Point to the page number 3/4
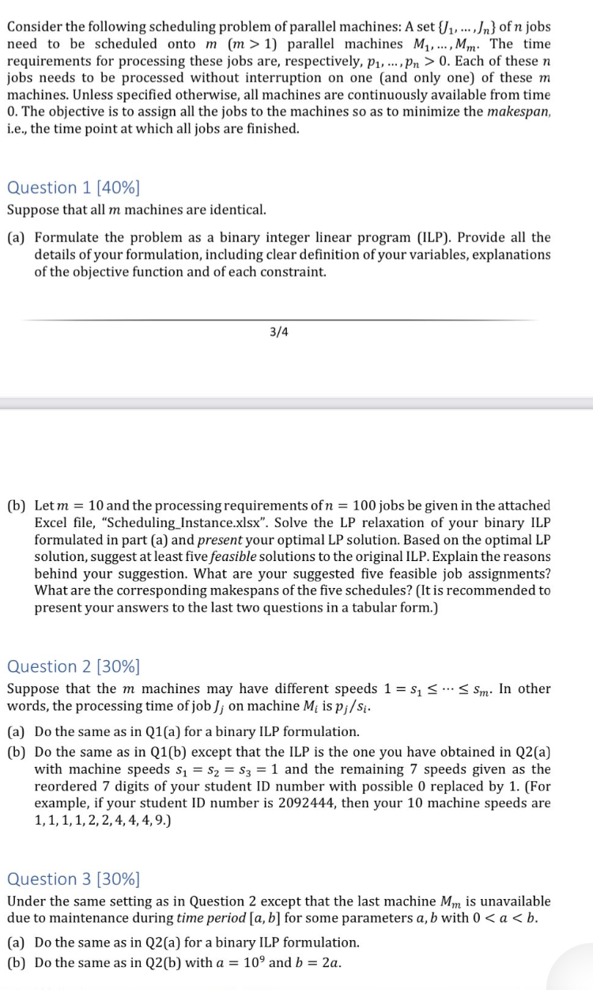(279, 332)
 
